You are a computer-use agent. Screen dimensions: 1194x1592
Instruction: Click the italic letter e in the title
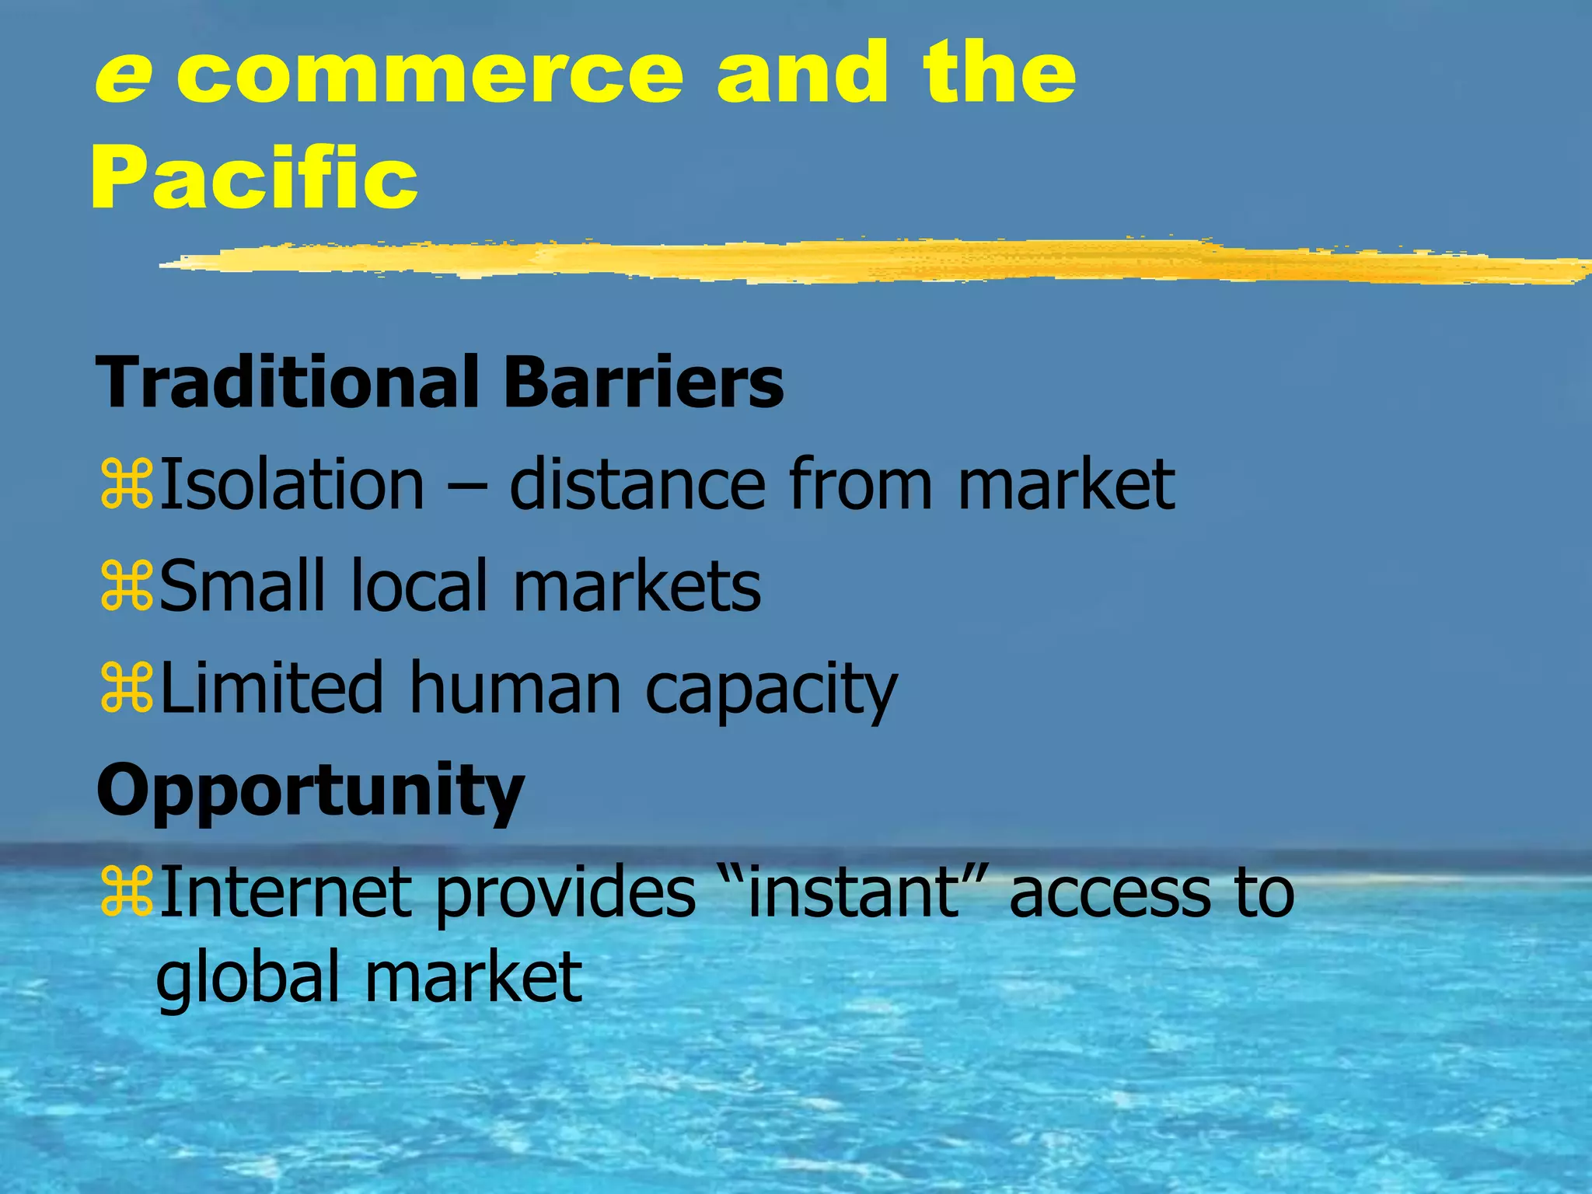pos(122,76)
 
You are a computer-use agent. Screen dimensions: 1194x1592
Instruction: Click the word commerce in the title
pos(430,76)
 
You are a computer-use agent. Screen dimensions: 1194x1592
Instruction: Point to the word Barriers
pos(644,382)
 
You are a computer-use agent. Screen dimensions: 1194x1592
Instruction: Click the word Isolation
pos(292,485)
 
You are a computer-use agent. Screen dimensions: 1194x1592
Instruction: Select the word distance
pos(637,485)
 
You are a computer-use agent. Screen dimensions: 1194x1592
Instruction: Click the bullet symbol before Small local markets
pos(126,586)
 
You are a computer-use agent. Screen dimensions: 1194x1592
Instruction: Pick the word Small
pos(242,586)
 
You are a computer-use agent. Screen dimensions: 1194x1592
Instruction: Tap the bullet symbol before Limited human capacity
pos(126,689)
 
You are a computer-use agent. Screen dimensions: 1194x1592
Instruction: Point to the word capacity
pos(771,692)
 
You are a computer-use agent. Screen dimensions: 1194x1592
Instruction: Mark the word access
pos(1109,894)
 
